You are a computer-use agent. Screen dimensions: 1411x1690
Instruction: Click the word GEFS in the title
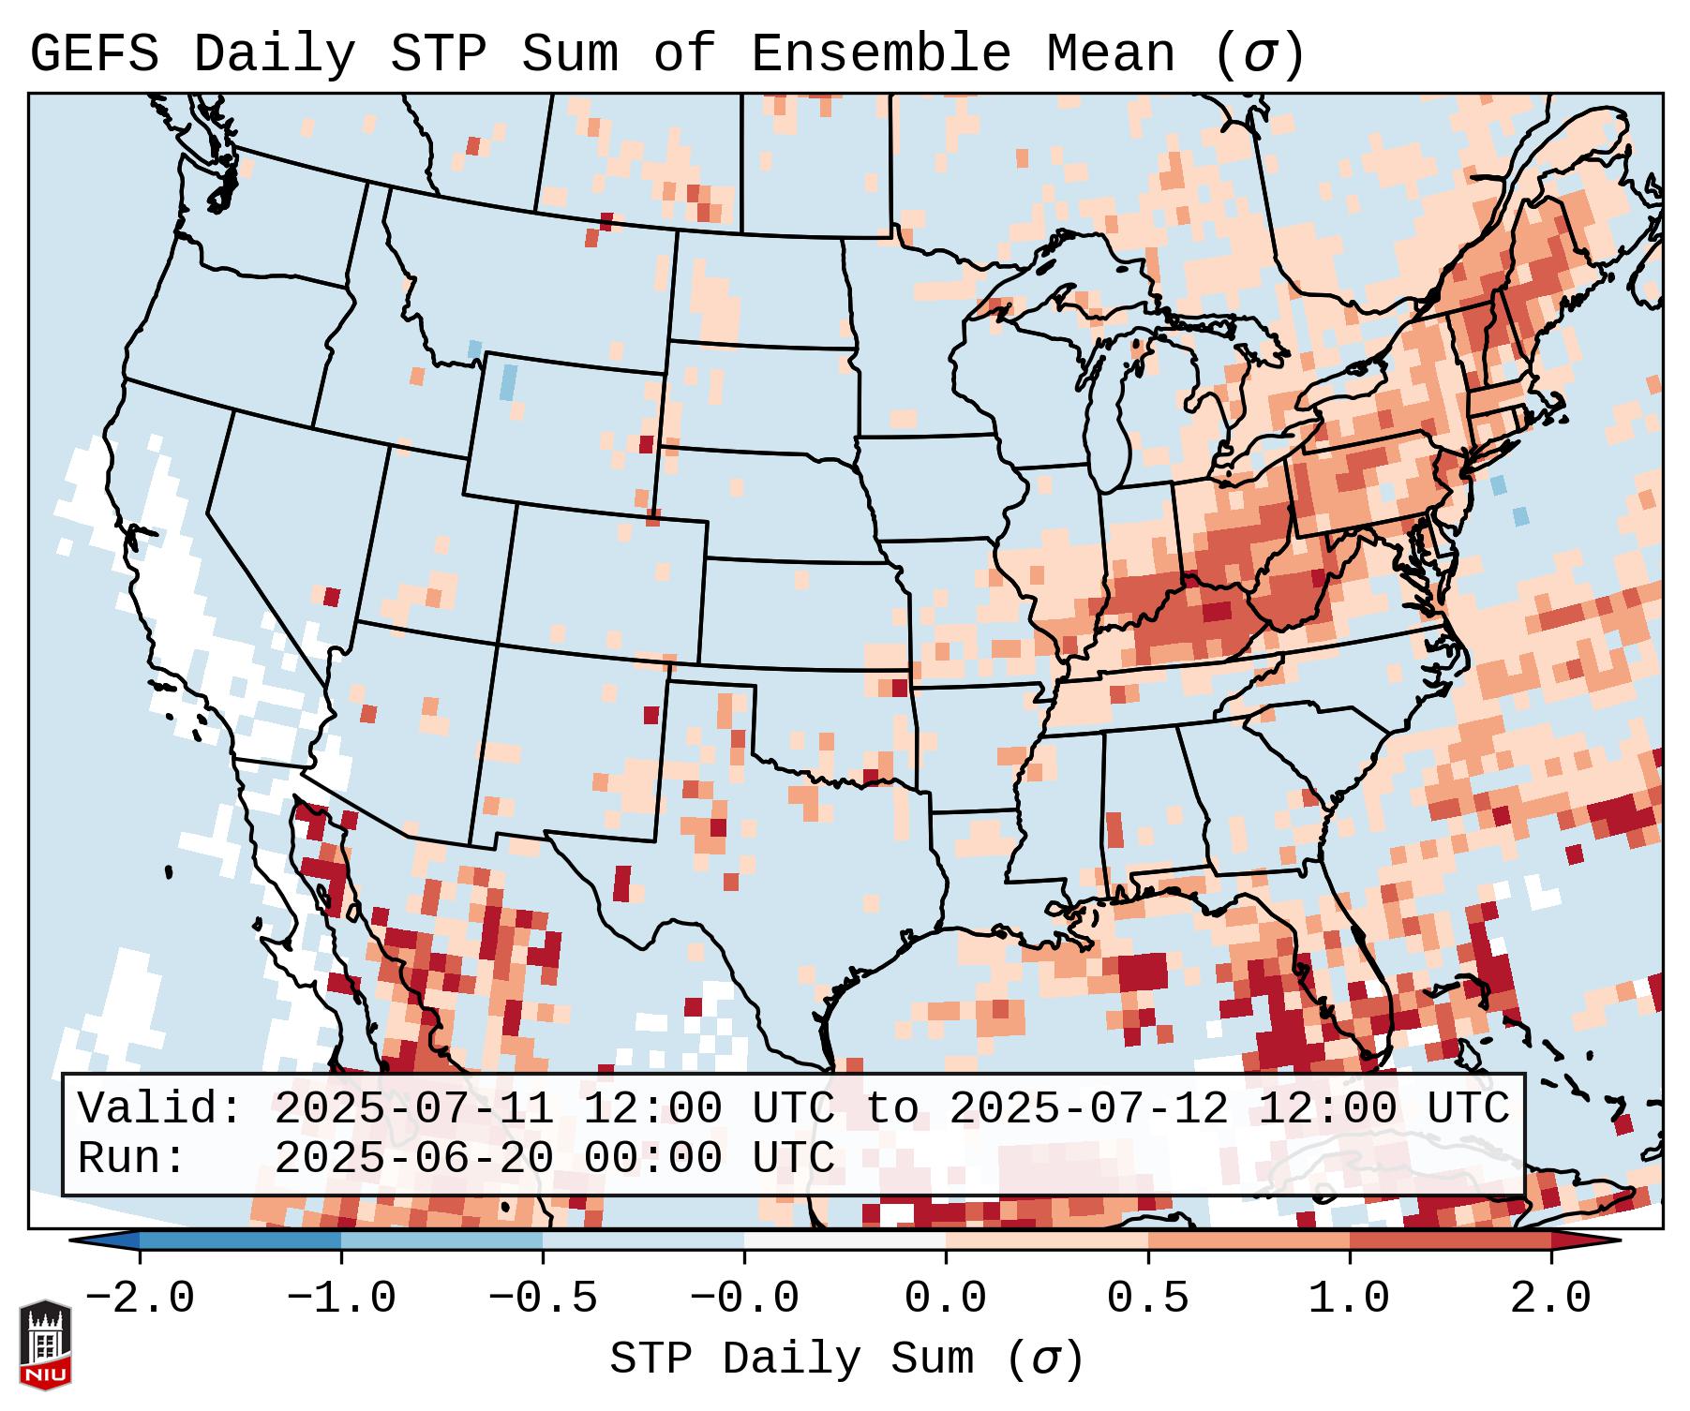coord(94,54)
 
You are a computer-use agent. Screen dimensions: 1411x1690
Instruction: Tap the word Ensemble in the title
coord(880,54)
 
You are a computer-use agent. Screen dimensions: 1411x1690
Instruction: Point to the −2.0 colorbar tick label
coord(140,1299)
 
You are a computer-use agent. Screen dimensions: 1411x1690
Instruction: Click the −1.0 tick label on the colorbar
coord(341,1299)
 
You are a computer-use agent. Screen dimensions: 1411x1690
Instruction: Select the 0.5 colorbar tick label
coord(1147,1299)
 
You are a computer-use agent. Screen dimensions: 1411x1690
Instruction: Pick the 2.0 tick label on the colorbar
coord(1550,1299)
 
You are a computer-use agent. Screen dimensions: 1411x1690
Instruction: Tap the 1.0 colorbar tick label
coord(1349,1299)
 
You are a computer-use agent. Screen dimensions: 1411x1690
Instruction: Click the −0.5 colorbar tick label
coord(543,1299)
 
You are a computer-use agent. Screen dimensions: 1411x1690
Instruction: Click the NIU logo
coord(45,1344)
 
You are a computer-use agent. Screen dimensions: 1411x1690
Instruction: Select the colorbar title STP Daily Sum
coord(792,1359)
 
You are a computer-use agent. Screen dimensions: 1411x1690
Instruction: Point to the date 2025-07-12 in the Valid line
coord(1088,1108)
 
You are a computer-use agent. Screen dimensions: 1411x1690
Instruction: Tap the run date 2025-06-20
coord(413,1158)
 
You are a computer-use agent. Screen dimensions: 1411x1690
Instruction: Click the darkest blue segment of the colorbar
coord(240,1240)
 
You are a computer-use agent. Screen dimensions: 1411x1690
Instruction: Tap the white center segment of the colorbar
coord(845,1240)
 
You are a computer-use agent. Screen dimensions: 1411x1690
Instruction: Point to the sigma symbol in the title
coord(1259,54)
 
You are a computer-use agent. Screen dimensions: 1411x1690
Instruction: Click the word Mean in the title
coord(1110,54)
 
